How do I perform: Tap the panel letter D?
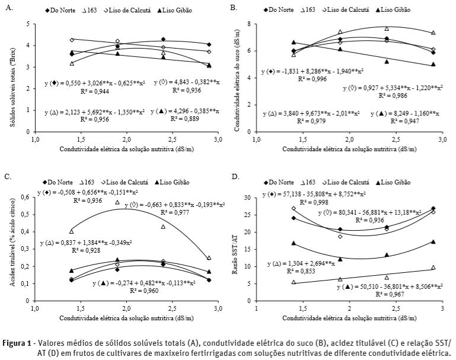coord(234,177)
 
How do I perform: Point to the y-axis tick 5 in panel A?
coord(28,24)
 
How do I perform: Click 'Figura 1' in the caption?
coord(20,343)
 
